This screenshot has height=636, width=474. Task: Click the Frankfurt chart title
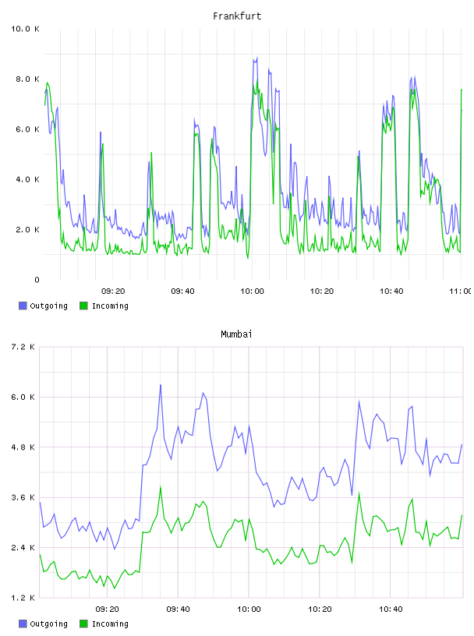[237, 16]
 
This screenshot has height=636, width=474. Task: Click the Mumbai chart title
[236, 334]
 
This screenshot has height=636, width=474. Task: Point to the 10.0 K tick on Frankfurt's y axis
[25, 29]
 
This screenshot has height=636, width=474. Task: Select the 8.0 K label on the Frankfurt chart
[27, 79]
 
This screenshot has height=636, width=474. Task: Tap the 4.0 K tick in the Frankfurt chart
[27, 179]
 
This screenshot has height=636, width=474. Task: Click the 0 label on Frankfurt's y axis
[37, 280]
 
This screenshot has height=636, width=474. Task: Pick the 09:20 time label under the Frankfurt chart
[113, 291]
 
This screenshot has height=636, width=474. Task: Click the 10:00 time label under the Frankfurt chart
[252, 291]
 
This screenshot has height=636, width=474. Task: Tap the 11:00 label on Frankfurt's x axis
[460, 291]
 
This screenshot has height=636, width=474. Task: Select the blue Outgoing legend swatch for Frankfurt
[23, 306]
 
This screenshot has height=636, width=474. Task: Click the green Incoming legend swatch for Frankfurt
[83, 306]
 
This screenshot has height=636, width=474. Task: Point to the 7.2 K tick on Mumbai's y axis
[23, 347]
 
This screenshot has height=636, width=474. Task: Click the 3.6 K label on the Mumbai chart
[23, 498]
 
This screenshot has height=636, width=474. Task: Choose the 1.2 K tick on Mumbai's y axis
[23, 598]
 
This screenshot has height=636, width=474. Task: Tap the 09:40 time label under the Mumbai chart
[178, 609]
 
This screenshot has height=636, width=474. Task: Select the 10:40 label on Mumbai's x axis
[391, 609]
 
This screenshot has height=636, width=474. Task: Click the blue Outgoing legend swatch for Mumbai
[23, 624]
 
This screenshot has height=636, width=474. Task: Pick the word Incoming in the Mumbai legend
[110, 624]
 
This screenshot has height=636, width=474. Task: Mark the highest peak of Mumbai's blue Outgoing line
[161, 385]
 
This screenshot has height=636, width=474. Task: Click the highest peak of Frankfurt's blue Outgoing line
[256, 58]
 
